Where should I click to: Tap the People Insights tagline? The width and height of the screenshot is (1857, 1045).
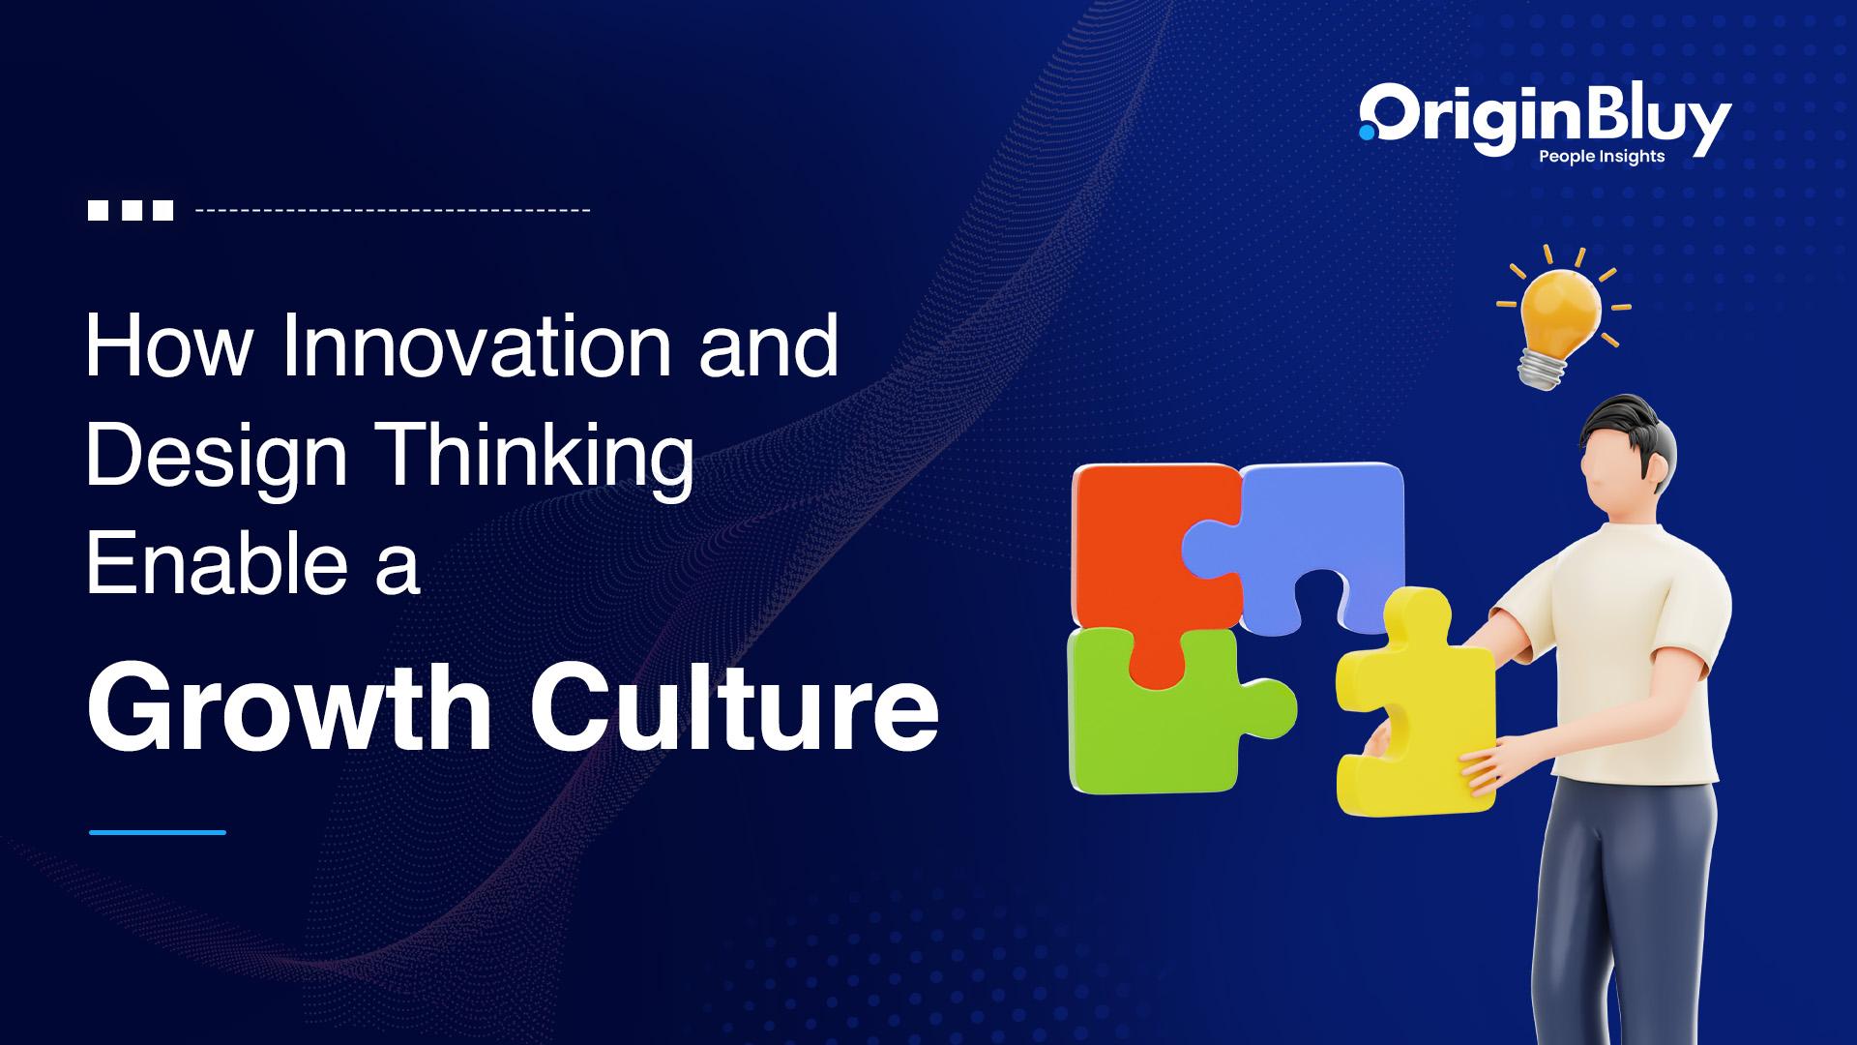[1602, 157]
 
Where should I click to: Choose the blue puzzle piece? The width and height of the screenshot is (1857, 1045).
[1306, 537]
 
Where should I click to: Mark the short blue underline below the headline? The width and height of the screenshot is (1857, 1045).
[158, 832]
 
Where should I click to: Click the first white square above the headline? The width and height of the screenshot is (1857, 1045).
[99, 210]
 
